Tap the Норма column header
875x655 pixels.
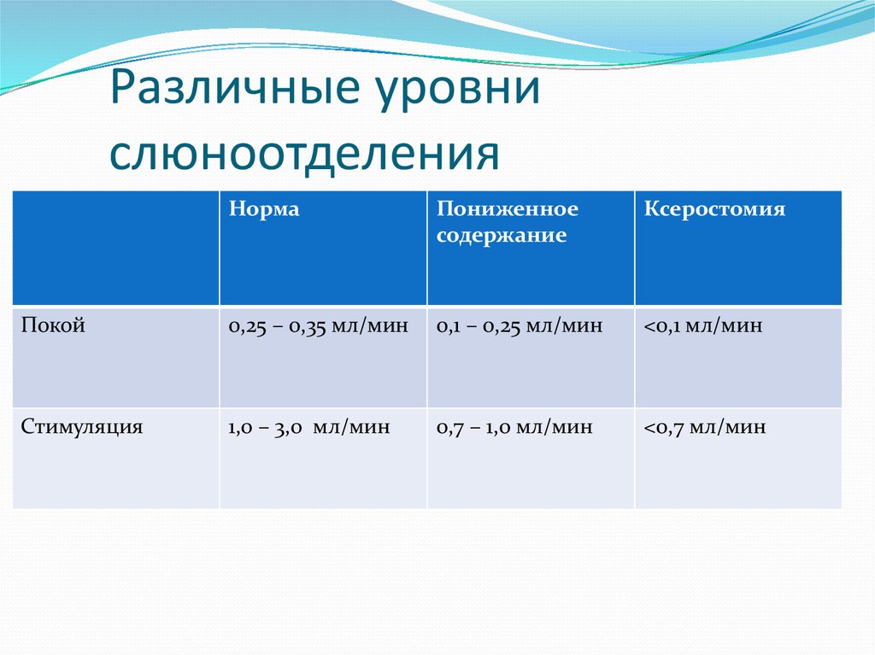pos(264,209)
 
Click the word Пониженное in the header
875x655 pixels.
pos(508,209)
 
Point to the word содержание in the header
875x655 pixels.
pos(502,236)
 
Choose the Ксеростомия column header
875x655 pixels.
pos(714,209)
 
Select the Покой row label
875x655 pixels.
pos(53,325)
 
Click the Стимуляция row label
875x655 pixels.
pos(82,427)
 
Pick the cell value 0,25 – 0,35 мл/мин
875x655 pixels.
pos(318,326)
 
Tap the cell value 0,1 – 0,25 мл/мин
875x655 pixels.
pos(520,326)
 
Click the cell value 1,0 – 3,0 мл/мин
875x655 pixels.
pos(308,428)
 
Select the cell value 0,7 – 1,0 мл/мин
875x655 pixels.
pos(514,428)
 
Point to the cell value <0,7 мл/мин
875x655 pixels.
pos(705,428)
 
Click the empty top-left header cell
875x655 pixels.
pos(115,248)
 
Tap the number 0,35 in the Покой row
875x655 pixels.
pos(316,326)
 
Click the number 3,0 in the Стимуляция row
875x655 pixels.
pos(288,428)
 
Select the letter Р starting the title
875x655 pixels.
pos(120,91)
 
